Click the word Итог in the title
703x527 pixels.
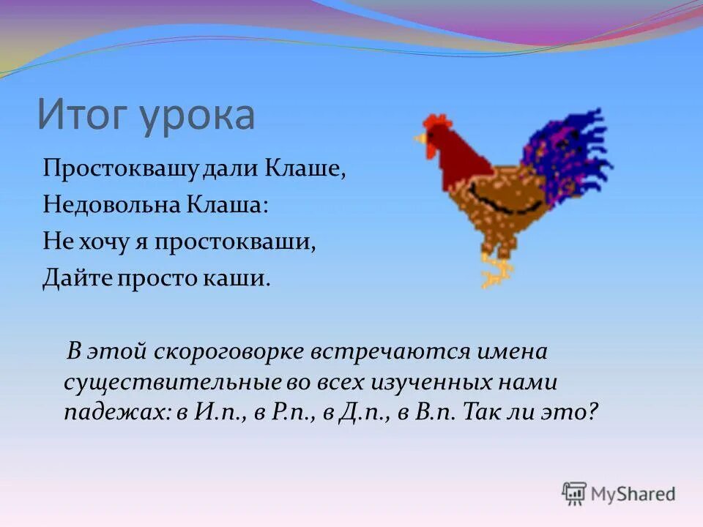point(81,116)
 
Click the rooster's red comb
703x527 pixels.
point(436,121)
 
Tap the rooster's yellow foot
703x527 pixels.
point(496,275)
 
